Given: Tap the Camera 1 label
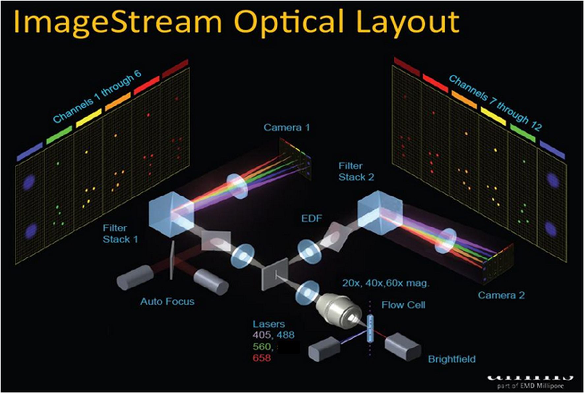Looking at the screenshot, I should pyautogui.click(x=287, y=128).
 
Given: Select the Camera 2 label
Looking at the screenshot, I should pyautogui.click(x=501, y=295).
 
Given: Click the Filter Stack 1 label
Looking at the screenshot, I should pyautogui.click(x=120, y=234).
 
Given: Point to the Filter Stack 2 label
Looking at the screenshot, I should pyautogui.click(x=356, y=171).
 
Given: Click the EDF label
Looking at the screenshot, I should pyautogui.click(x=311, y=218).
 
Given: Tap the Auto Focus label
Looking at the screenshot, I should pyautogui.click(x=167, y=301).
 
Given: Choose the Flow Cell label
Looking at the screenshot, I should pyautogui.click(x=403, y=305).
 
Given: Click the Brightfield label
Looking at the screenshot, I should pyautogui.click(x=452, y=359).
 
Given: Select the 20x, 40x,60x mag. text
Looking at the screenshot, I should pyautogui.click(x=386, y=283).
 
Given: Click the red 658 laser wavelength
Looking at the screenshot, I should pyautogui.click(x=262, y=358).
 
